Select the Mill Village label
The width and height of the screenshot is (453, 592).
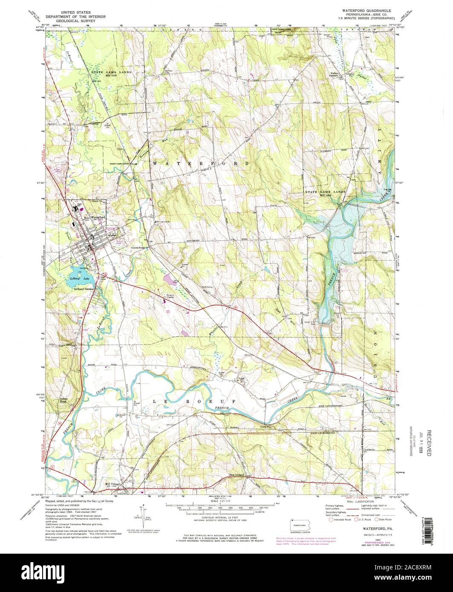pos(113,484)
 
